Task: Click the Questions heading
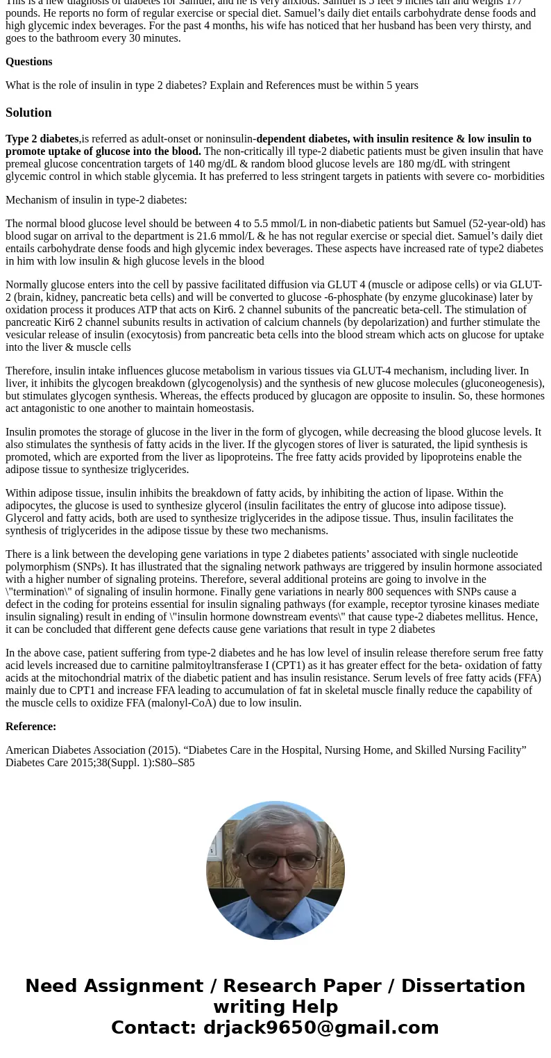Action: pyautogui.click(x=28, y=62)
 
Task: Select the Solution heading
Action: pyautogui.click(x=28, y=113)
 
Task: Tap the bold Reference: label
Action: pyautogui.click(x=31, y=727)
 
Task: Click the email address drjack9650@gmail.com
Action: pyautogui.click(x=321, y=1027)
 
